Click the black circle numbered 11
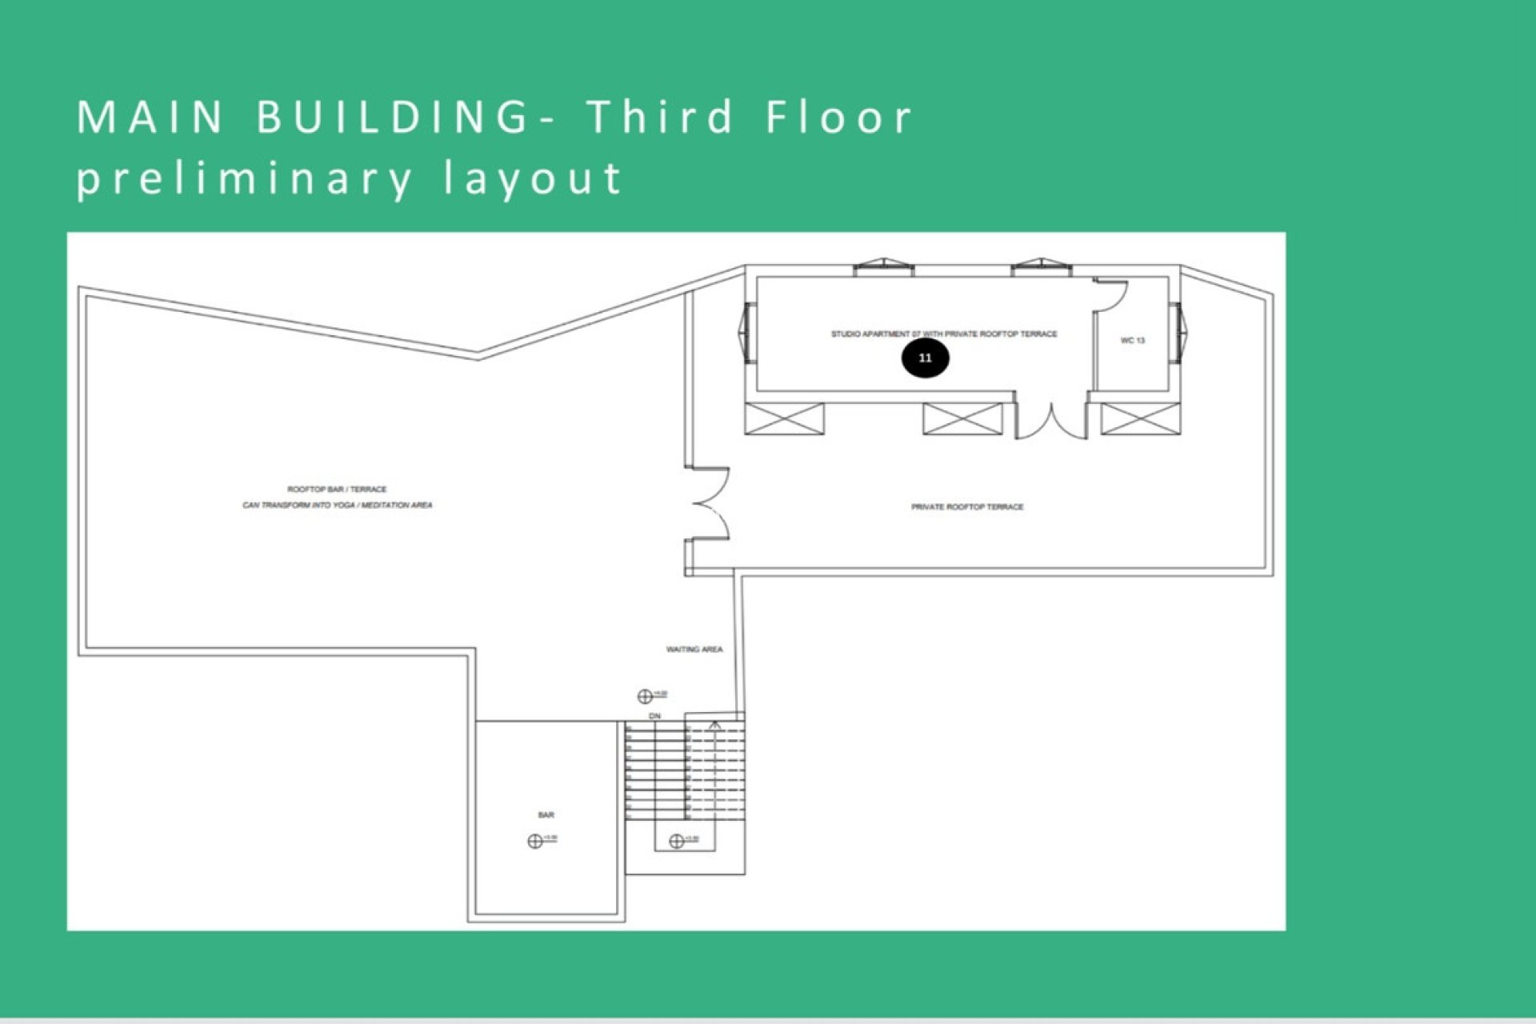(925, 358)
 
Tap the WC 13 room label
(1132, 341)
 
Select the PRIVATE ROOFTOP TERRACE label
(967, 507)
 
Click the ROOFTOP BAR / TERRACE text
(337, 489)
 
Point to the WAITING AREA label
(694, 650)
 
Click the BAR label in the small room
(546, 815)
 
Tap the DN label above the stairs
(655, 716)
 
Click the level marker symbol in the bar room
(535, 841)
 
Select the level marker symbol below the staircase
(676, 841)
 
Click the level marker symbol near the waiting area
(645, 696)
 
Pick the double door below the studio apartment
(1051, 420)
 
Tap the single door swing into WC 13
(1112, 295)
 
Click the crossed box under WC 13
(1140, 419)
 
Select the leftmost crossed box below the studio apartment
(784, 419)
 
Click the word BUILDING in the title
(392, 117)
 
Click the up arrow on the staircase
(715, 726)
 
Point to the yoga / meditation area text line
(337, 506)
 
